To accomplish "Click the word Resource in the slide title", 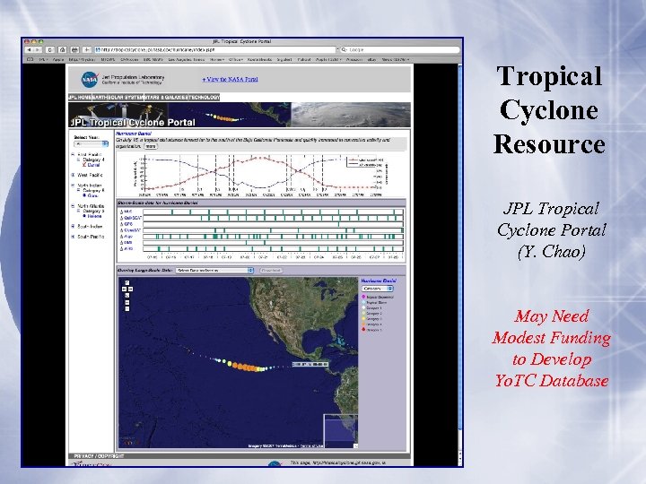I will pyautogui.click(x=549, y=143).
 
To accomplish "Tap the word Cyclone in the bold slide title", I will pyautogui.click(x=549, y=109).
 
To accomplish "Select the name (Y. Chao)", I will pyautogui.click(x=550, y=252).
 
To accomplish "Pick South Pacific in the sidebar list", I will pyautogui.click(x=90, y=237).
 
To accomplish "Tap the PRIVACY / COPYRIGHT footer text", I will pyautogui.click(x=92, y=456).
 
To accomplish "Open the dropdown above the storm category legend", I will pyautogui.click(x=377, y=289).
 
